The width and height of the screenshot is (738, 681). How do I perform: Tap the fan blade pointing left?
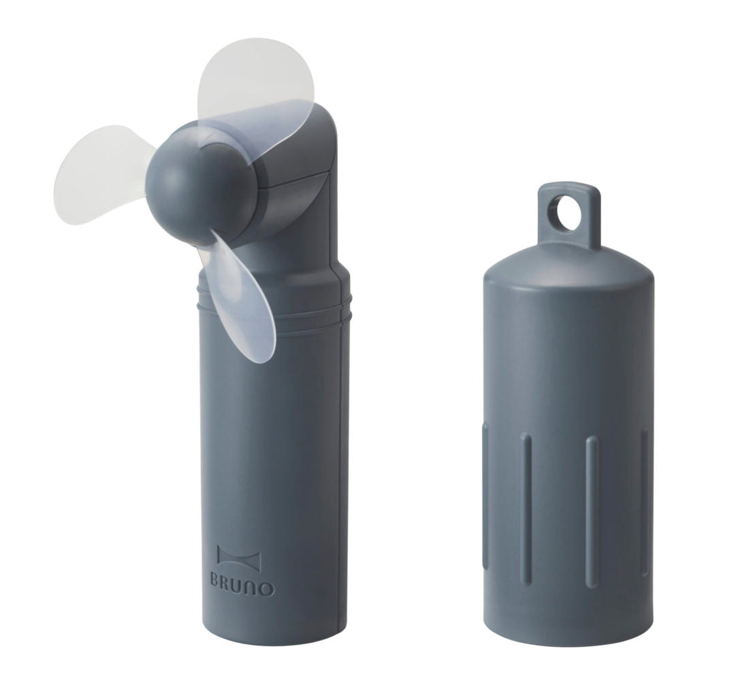pos(102,167)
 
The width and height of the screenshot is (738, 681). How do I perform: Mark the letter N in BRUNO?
pos(258,586)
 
